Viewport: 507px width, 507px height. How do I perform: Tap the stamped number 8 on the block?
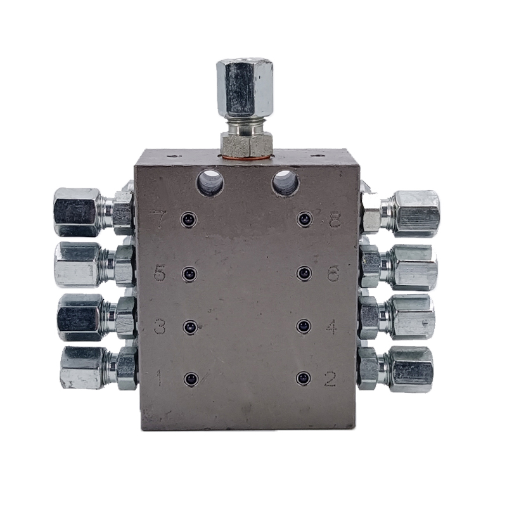pos(335,220)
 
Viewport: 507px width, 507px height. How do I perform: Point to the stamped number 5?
pos(160,274)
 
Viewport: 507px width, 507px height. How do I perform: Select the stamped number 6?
pos(333,274)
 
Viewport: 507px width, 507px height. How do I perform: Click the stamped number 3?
pos(160,327)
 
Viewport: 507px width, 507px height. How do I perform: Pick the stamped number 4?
pos(331,327)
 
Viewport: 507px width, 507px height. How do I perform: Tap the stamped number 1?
pos(159,378)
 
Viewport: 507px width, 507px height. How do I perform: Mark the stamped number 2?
pos(330,378)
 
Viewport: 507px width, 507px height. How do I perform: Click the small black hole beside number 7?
pos(188,220)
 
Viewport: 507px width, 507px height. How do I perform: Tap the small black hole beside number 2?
pos(303,378)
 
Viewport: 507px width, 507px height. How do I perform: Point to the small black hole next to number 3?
pos(189,327)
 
